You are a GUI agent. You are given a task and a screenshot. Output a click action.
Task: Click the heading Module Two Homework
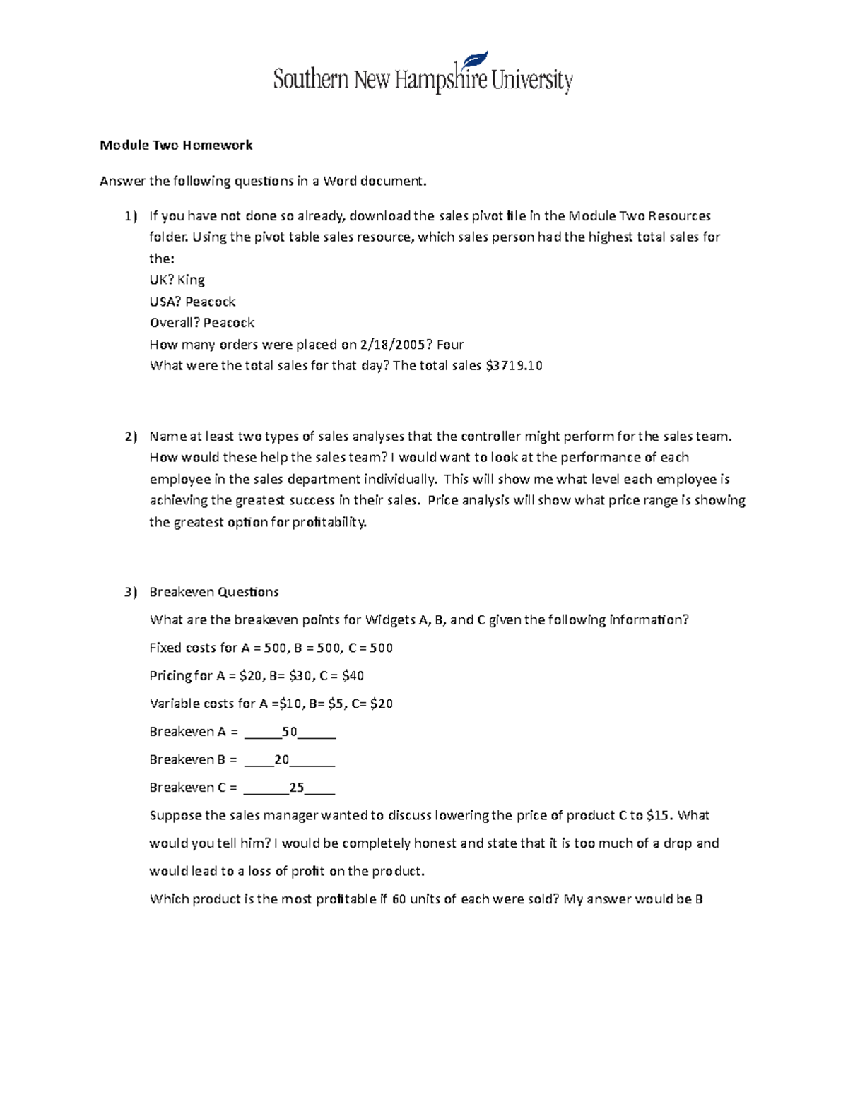click(176, 146)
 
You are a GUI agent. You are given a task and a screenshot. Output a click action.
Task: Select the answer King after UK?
click(191, 280)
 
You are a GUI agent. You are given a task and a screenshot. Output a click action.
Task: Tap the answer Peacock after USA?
click(211, 302)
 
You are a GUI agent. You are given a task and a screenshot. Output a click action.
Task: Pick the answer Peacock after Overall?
click(229, 323)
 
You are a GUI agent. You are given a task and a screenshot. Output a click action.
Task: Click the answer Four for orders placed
click(450, 345)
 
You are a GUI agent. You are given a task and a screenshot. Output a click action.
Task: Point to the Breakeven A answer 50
click(289, 732)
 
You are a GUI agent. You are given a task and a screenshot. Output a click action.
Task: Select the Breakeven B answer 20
click(282, 760)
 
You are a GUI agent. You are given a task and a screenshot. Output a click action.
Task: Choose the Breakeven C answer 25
click(297, 788)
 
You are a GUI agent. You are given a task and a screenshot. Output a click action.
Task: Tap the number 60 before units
click(399, 899)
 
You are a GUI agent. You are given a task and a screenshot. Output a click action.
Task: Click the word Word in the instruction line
click(340, 182)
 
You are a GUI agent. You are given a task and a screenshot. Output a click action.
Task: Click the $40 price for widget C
click(353, 676)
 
